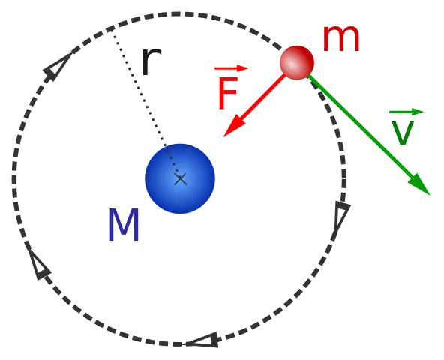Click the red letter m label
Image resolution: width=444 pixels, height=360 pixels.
(341, 39)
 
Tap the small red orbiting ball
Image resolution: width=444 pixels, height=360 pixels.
(297, 62)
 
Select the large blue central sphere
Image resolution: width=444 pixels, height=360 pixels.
(180, 178)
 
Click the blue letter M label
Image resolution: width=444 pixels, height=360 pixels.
(124, 225)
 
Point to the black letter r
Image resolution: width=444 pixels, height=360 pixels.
(151, 61)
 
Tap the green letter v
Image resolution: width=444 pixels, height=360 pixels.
(402, 133)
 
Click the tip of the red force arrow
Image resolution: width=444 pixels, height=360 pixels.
(223, 137)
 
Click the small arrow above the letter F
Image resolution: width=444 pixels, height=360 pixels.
(231, 68)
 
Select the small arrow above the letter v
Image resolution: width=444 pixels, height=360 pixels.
(406, 112)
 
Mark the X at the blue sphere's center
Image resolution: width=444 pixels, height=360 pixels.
(180, 179)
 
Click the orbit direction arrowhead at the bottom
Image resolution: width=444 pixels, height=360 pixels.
(202, 340)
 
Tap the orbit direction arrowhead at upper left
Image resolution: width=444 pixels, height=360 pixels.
(57, 67)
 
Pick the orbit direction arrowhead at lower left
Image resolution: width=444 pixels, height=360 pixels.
(39, 264)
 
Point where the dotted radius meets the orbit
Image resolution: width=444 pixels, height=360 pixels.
(111, 28)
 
